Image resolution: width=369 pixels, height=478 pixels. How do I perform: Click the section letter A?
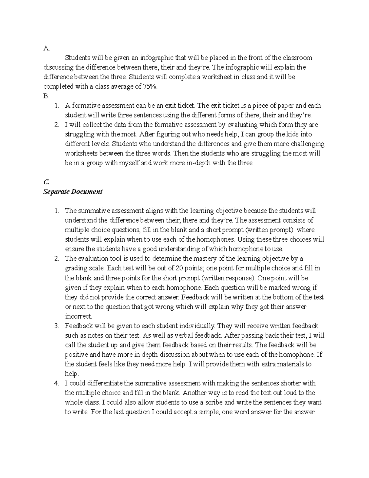pos(46,48)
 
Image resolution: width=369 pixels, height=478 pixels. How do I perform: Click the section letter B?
pos(46,96)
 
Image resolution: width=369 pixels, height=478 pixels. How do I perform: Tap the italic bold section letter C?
pos(46,182)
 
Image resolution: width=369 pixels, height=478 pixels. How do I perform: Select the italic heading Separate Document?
pos(73,191)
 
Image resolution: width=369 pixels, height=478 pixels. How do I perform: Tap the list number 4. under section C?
pos(56,383)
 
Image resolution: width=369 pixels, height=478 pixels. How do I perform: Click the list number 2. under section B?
pos(56,125)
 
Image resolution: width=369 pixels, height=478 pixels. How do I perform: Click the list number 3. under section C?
pos(56,326)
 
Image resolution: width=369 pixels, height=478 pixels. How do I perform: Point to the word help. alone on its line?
pos(72,374)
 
